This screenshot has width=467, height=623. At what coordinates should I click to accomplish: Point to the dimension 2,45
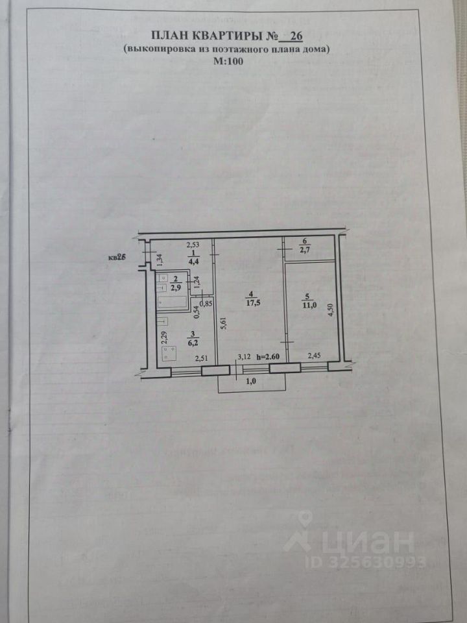314,355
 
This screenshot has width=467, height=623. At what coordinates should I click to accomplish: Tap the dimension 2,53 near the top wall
193,245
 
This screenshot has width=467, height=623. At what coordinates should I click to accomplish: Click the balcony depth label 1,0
250,384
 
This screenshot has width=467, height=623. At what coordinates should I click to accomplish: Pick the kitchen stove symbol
170,354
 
